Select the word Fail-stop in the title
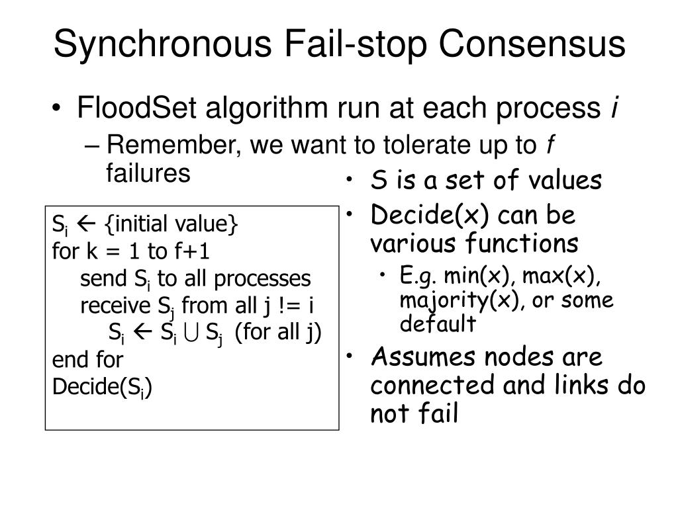click(347, 45)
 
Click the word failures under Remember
click(148, 173)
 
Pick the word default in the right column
click(437, 324)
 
